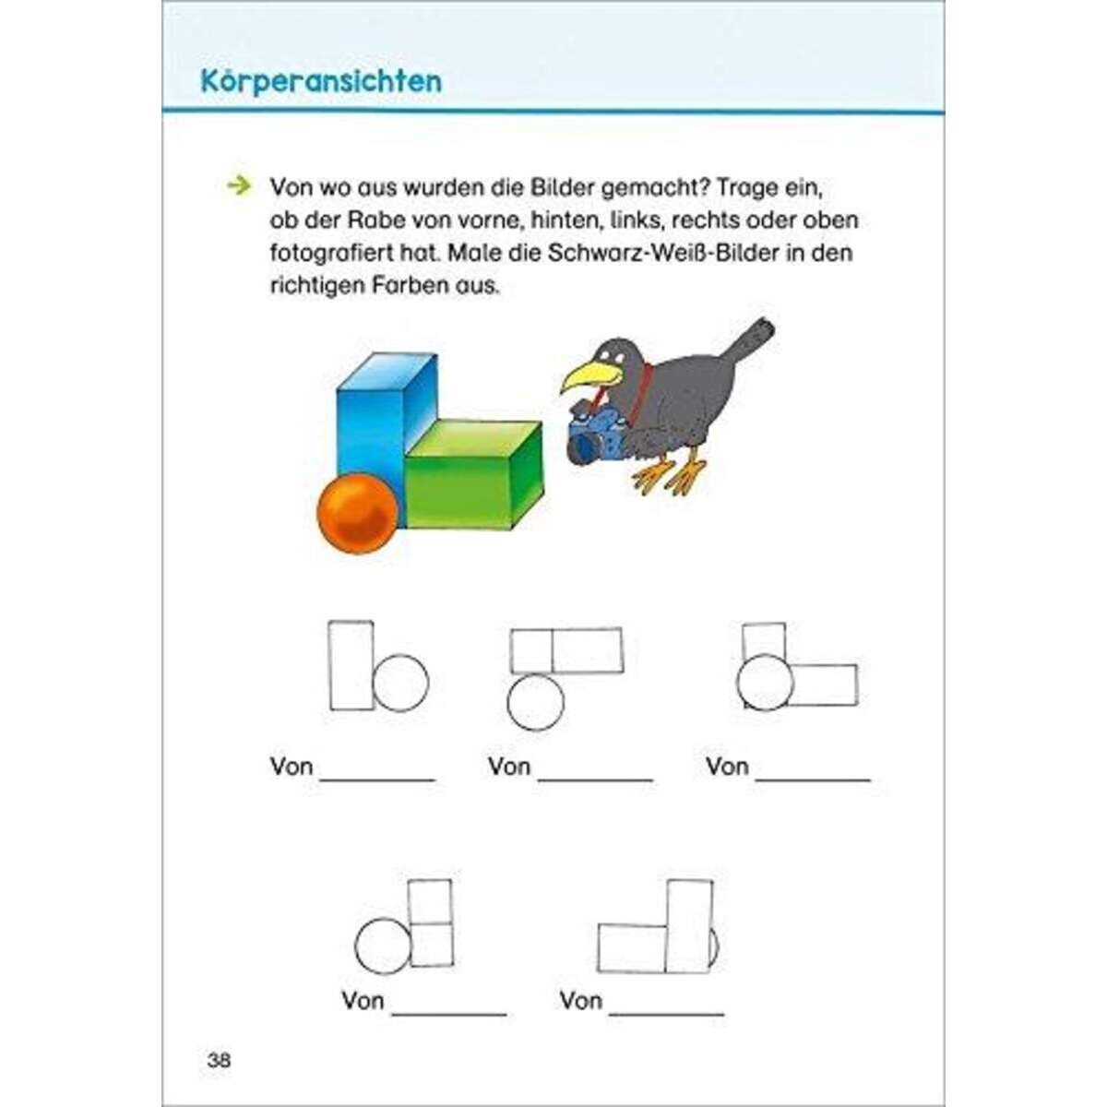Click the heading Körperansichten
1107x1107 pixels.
[321, 80]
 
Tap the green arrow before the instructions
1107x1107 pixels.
[238, 186]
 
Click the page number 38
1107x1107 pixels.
[219, 1060]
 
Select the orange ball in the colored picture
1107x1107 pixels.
[357, 514]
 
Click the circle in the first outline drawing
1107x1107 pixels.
[400, 684]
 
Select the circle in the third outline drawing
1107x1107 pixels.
[765, 682]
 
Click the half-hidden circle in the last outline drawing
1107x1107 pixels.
[715, 947]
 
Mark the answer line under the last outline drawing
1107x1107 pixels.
[667, 1013]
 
